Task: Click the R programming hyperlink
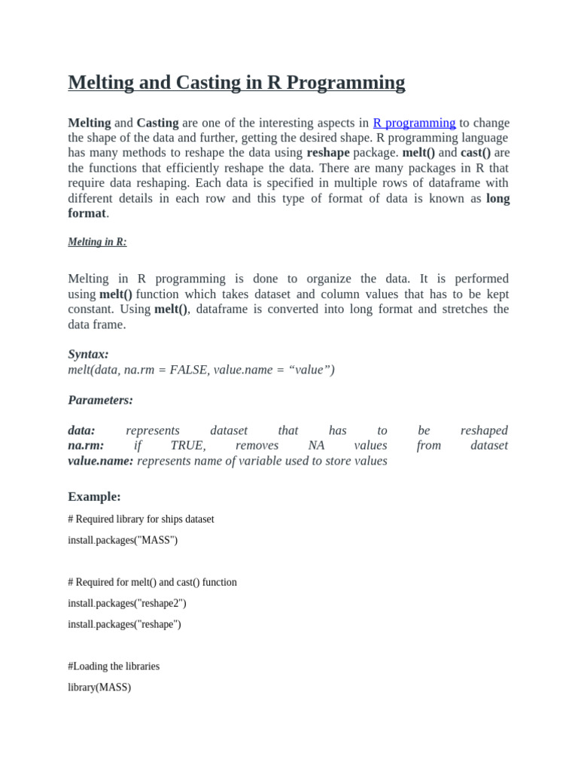414,123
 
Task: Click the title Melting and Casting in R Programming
236,82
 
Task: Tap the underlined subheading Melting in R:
97,242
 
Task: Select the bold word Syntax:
88,354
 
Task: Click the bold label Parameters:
100,400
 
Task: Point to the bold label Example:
94,496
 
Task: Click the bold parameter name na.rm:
86,446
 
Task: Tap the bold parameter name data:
81,431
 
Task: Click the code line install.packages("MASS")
123,540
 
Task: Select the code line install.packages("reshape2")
127,603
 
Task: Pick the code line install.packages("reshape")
124,624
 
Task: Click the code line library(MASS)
99,687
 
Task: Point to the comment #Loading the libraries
114,666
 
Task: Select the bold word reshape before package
328,153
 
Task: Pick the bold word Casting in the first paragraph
157,123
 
